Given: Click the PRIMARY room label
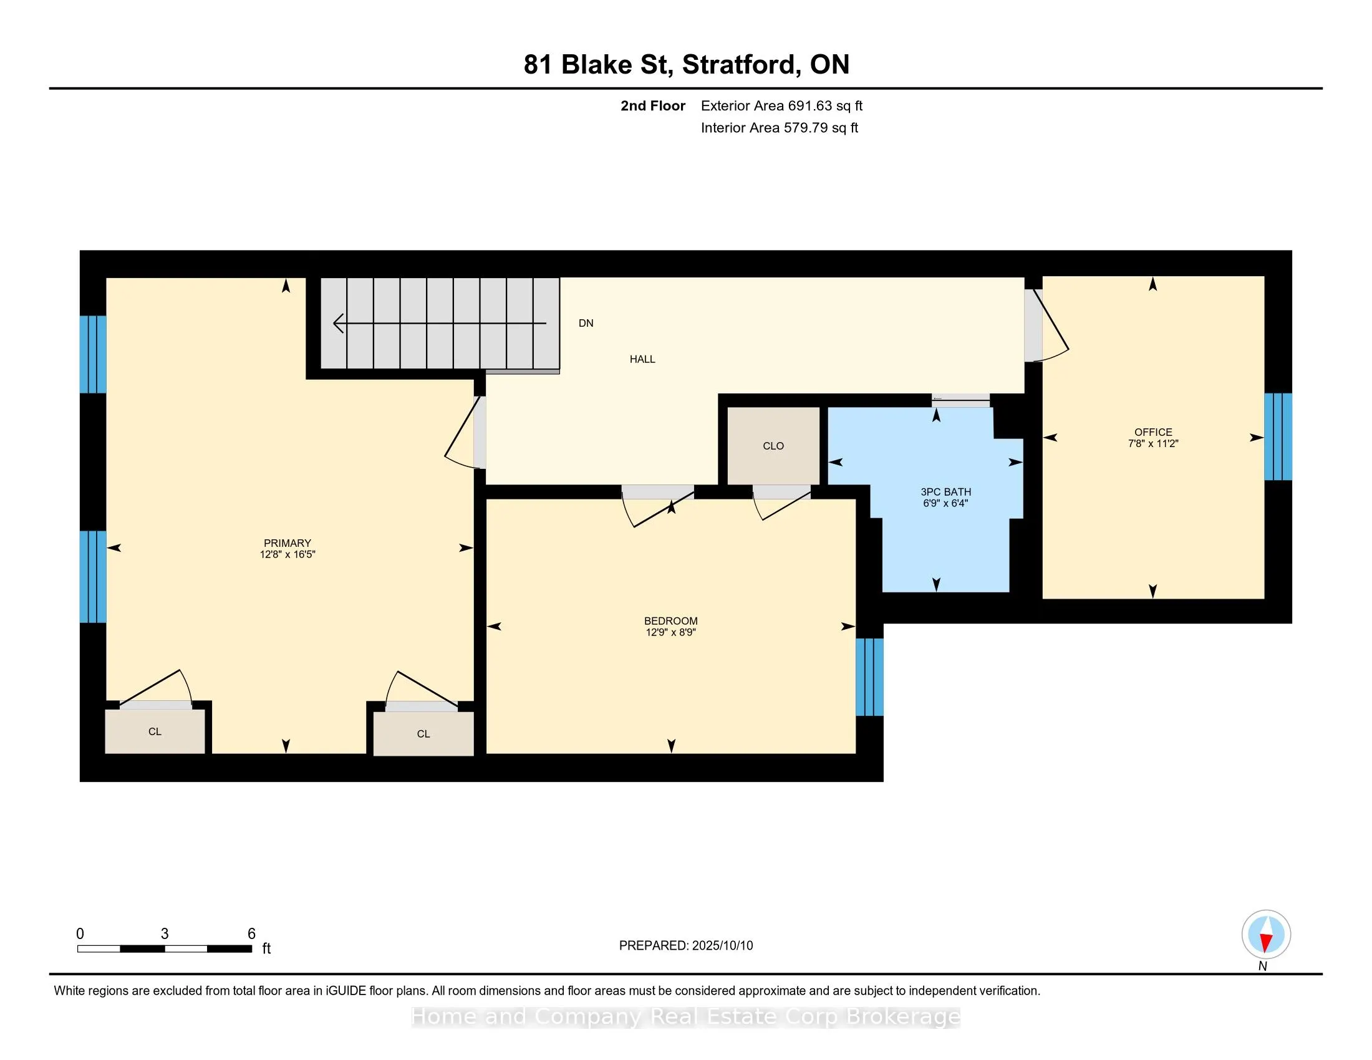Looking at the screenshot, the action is click(287, 543).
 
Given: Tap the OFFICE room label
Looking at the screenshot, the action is click(1152, 432).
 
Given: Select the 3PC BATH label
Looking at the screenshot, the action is click(945, 492).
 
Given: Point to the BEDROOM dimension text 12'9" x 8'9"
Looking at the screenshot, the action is click(670, 632).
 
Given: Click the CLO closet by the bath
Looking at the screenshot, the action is click(773, 446).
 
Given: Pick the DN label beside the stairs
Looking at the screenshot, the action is click(586, 324).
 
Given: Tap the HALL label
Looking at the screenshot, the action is click(642, 359).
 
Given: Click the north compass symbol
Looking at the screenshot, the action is click(1266, 935).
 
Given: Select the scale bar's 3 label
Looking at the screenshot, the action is click(165, 934).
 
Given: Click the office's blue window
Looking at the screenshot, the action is click(1278, 436).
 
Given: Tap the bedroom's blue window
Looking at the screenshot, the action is click(869, 677).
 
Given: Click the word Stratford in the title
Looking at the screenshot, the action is click(742, 65).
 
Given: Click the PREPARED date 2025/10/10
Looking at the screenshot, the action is click(721, 946).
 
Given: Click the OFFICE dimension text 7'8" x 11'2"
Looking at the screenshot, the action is click(1152, 443).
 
